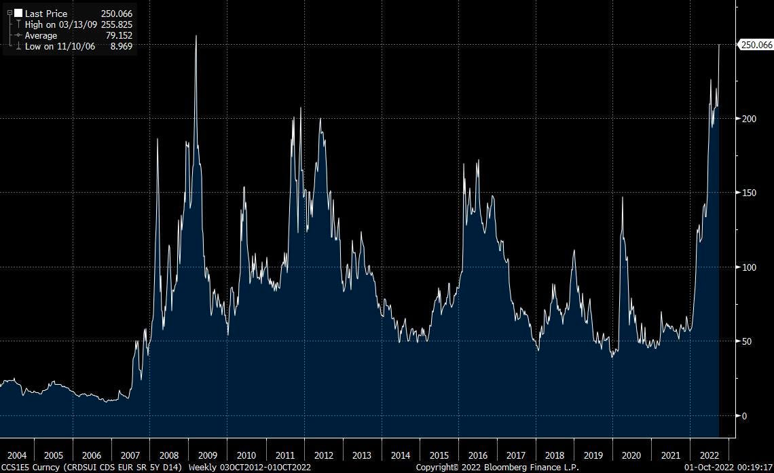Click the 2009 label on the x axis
(x=207, y=455)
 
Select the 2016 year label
(x=477, y=455)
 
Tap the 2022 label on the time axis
(x=709, y=455)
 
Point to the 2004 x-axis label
(x=17, y=455)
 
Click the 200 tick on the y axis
(x=750, y=119)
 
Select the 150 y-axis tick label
(x=750, y=193)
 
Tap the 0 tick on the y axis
(x=745, y=416)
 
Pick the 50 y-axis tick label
(x=748, y=341)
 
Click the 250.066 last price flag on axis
(x=756, y=45)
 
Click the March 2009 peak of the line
(x=196, y=36)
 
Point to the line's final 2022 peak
(x=719, y=45)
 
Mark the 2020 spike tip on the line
(x=623, y=197)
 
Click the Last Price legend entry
(x=46, y=14)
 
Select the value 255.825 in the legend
(x=117, y=24)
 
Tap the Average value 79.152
(x=119, y=35)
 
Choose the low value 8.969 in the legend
(x=121, y=46)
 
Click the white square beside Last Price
(x=18, y=14)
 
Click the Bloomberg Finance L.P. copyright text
(x=498, y=467)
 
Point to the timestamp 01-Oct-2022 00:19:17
(x=728, y=467)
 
